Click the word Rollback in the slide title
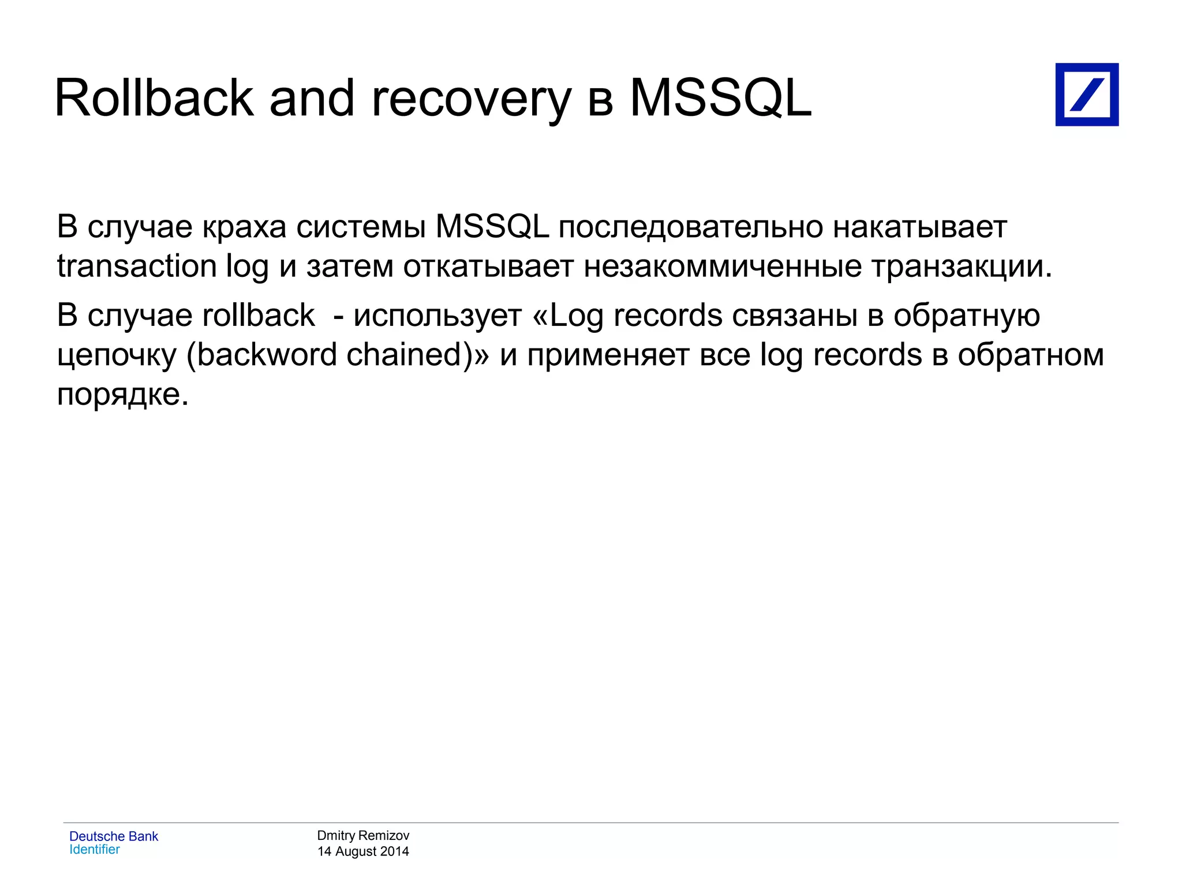(154, 99)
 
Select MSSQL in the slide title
(720, 99)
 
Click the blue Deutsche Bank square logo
(1087, 95)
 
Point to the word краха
(244, 227)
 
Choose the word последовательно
(690, 227)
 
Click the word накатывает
(920, 227)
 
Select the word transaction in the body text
(137, 266)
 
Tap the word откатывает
(488, 266)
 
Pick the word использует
(437, 316)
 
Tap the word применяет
(608, 355)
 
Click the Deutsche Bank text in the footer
(114, 836)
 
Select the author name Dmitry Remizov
(363, 835)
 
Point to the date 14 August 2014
(363, 851)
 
